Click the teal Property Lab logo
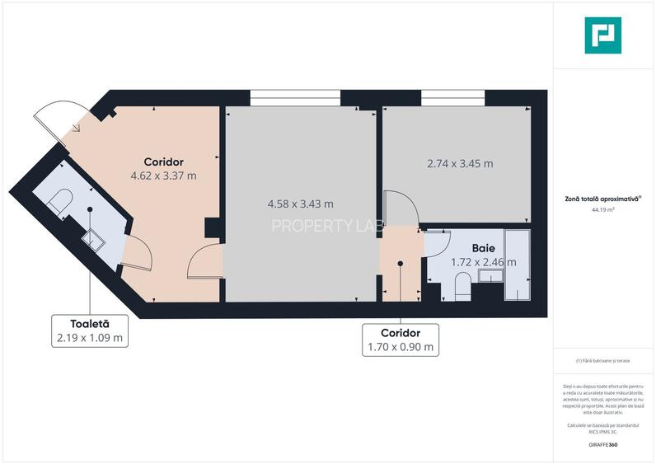(x=604, y=35)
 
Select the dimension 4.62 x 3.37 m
(x=163, y=176)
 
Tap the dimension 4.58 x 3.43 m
(x=301, y=204)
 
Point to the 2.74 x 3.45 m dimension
(x=460, y=163)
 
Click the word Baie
(x=483, y=247)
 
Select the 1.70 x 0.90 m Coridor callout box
(x=400, y=340)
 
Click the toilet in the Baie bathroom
(x=462, y=288)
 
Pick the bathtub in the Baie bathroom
(x=518, y=265)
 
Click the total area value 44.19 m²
(x=604, y=210)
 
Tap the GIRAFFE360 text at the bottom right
(x=603, y=444)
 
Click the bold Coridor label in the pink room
(x=163, y=162)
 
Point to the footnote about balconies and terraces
(x=604, y=360)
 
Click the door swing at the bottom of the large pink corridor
(x=204, y=265)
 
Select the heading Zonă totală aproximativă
(x=604, y=198)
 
